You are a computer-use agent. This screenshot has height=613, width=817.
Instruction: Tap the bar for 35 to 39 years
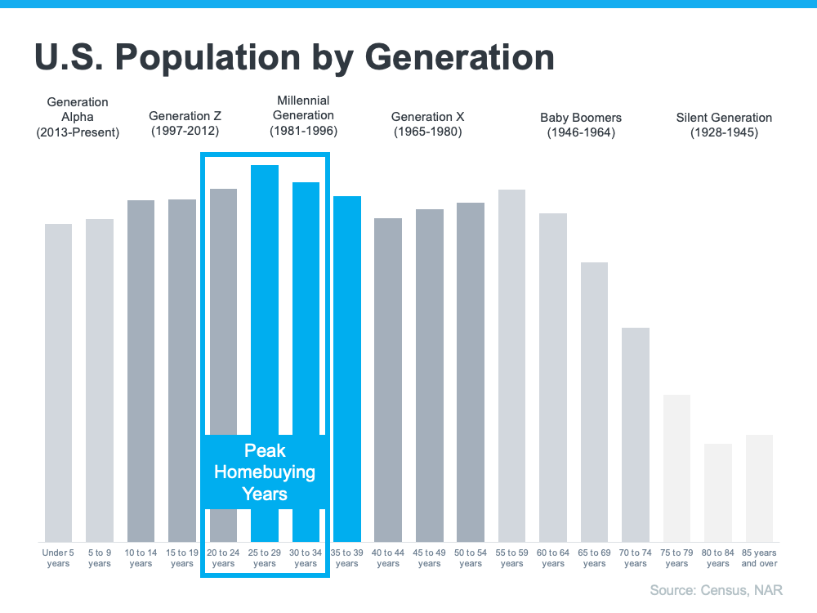(x=347, y=368)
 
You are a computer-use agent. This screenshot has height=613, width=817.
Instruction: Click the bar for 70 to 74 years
(x=635, y=434)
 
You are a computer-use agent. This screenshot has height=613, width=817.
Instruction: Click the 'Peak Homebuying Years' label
(x=265, y=472)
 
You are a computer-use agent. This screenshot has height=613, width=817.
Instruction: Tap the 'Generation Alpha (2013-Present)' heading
(x=78, y=117)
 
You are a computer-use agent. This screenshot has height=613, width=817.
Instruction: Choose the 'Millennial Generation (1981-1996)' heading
(x=303, y=115)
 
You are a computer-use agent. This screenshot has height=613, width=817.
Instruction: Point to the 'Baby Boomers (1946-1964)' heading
(x=581, y=124)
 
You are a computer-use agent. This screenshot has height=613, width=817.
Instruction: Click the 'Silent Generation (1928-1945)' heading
(x=724, y=124)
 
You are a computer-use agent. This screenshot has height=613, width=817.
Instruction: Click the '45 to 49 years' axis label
(x=430, y=558)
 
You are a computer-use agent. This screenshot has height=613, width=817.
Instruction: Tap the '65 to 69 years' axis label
(x=594, y=558)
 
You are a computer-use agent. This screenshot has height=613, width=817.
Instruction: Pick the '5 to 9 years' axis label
(x=100, y=558)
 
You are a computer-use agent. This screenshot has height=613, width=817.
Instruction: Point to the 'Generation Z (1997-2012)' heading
(x=185, y=123)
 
